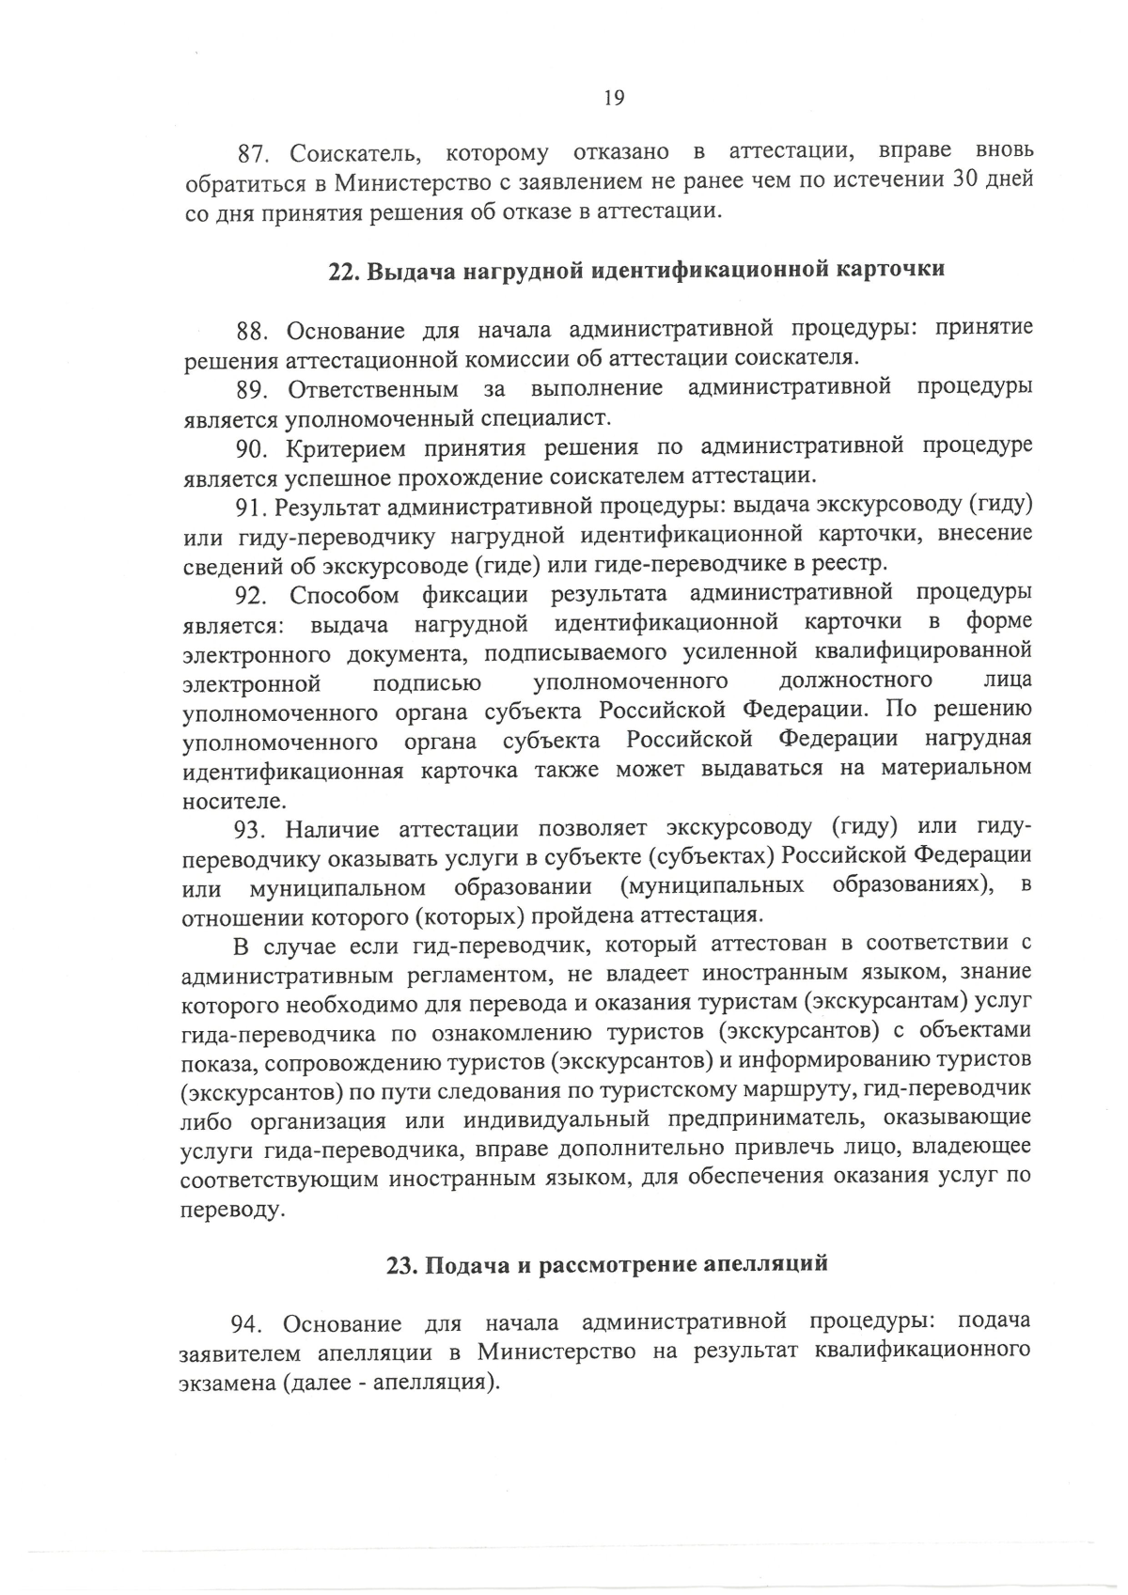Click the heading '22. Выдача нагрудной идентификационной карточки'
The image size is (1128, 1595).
pyautogui.click(x=636, y=271)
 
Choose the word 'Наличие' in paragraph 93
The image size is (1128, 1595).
pyautogui.click(x=331, y=829)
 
